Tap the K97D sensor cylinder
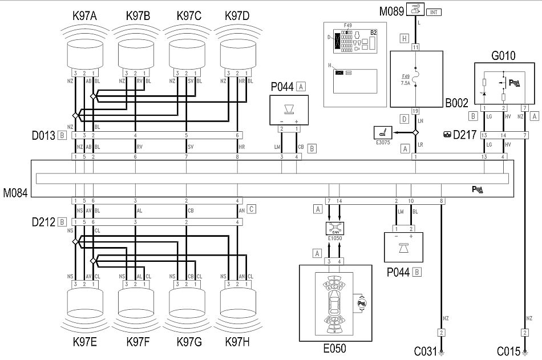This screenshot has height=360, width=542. click(237, 55)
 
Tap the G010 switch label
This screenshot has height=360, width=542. click(503, 55)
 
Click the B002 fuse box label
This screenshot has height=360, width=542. click(456, 103)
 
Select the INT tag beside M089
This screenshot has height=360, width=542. click(433, 11)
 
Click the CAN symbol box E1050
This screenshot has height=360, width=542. click(335, 228)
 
